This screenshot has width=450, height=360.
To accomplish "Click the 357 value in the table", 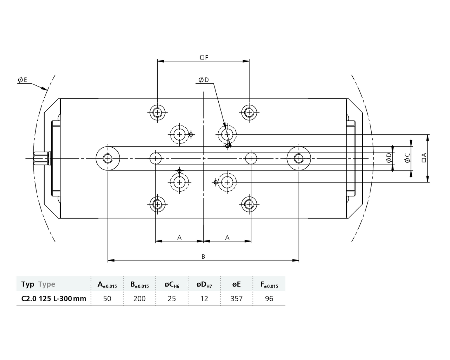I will point(236,298).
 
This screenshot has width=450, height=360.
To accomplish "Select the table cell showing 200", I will point(139,298).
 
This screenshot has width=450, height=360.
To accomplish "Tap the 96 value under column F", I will point(269,298).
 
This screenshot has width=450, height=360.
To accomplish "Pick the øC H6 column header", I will point(172,284).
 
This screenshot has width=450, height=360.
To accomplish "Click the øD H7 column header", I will point(204,284).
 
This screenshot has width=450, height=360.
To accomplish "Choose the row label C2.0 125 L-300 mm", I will point(53,298).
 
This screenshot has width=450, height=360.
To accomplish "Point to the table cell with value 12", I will point(204,298).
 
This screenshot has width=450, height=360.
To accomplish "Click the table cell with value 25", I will point(172,298).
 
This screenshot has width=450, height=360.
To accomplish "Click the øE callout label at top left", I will point(22,80).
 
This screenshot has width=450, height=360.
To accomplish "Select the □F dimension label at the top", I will point(204,57).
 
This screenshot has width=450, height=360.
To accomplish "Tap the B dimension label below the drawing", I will point(203,257).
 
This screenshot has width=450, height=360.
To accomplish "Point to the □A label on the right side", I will point(424,158).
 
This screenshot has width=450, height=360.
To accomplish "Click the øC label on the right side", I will point(407,158).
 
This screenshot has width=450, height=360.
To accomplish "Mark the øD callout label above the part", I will point(204,80).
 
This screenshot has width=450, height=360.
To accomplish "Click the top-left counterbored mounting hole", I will point(157,112).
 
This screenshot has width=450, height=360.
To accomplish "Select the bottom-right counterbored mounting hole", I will point(249,204).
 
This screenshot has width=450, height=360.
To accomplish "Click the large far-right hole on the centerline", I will point(298,159).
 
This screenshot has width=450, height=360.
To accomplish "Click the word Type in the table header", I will point(47,284).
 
